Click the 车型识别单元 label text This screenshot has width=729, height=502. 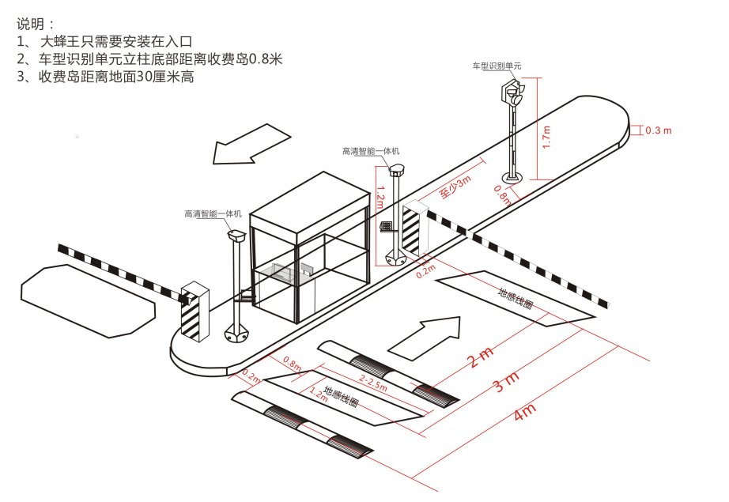[497, 66]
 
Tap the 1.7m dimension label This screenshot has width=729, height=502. [547, 137]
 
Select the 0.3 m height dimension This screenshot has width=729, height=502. [659, 130]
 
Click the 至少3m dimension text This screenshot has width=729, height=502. [455, 187]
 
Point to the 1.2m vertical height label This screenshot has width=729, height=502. [380, 198]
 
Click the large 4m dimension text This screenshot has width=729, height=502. [525, 412]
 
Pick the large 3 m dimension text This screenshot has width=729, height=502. [506, 382]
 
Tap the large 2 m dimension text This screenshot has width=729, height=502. [480, 357]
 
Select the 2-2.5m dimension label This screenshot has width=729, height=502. [373, 382]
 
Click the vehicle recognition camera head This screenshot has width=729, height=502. [512, 92]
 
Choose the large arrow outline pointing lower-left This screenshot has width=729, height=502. [251, 144]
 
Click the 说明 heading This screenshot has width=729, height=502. [30, 25]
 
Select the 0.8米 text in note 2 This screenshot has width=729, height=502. [266, 59]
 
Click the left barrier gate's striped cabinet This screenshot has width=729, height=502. [195, 311]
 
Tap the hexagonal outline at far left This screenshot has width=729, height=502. [88, 301]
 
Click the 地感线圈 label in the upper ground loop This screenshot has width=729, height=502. [516, 298]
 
